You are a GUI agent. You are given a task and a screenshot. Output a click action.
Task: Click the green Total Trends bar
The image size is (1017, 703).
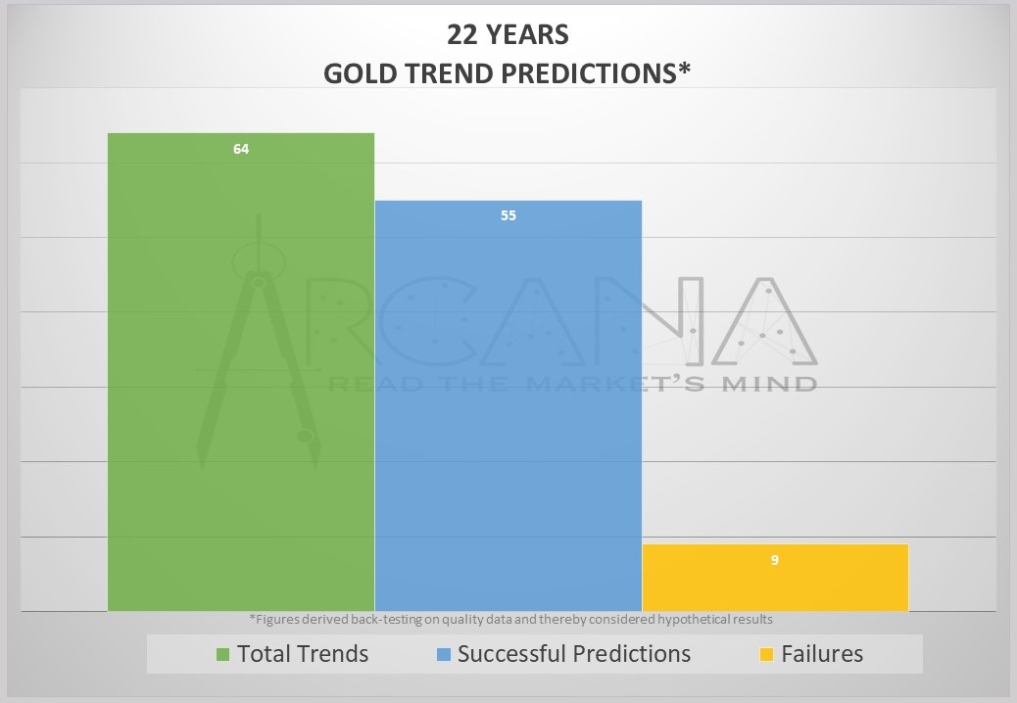click(x=241, y=372)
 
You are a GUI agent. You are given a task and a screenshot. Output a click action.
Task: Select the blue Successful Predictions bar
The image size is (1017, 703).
click(x=508, y=405)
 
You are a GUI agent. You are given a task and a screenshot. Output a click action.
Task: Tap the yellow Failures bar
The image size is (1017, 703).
click(x=775, y=578)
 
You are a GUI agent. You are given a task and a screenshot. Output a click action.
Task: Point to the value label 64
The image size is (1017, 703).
click(x=241, y=149)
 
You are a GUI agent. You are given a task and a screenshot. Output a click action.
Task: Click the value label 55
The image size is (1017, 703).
click(x=508, y=215)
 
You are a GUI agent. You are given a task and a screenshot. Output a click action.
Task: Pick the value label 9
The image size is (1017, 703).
click(x=774, y=560)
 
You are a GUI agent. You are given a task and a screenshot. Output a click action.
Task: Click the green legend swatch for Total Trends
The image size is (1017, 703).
click(x=222, y=654)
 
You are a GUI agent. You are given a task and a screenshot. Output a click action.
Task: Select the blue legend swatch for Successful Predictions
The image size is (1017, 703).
click(x=444, y=654)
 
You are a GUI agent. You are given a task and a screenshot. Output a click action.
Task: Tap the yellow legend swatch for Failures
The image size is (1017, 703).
click(x=766, y=654)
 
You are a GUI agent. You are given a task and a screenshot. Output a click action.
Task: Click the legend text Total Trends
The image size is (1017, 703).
click(x=303, y=654)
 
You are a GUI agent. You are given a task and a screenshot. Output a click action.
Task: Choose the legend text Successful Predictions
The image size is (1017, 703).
click(x=574, y=654)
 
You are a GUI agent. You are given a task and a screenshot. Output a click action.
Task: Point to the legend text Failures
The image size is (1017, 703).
click(x=822, y=654)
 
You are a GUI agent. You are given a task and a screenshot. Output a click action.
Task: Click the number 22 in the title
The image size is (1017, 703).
click(x=462, y=34)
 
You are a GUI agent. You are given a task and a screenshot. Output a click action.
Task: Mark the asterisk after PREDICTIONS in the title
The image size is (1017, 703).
click(x=684, y=69)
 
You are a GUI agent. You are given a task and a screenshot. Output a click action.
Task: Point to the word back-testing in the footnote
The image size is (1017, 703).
click(x=387, y=620)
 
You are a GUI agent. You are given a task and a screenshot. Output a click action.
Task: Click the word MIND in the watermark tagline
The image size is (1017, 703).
click(x=770, y=384)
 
